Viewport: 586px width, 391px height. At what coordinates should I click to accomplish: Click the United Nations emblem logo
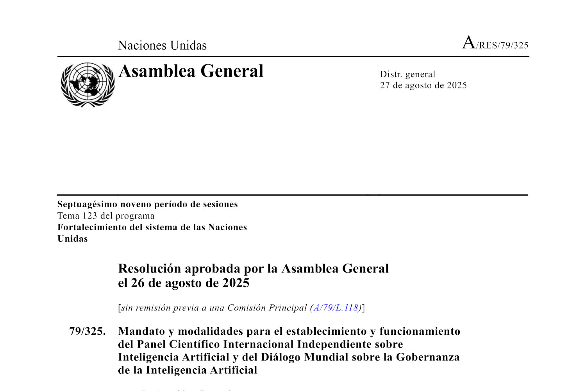(88, 84)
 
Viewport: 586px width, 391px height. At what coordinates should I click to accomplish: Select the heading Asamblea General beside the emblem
(191, 71)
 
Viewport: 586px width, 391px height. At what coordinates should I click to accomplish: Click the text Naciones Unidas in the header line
(162, 45)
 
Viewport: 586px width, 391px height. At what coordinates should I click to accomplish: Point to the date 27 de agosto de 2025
(423, 85)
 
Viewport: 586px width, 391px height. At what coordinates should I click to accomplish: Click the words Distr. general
(407, 74)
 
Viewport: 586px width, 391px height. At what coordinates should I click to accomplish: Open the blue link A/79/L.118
(336, 308)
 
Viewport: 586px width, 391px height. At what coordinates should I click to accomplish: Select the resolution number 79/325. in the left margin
(87, 331)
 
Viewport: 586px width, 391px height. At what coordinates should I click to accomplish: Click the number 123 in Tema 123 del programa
(90, 216)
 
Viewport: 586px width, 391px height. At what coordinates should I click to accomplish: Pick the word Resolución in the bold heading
(150, 269)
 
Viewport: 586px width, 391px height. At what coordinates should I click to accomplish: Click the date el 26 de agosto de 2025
(184, 283)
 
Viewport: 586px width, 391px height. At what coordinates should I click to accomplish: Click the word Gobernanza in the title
(428, 357)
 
